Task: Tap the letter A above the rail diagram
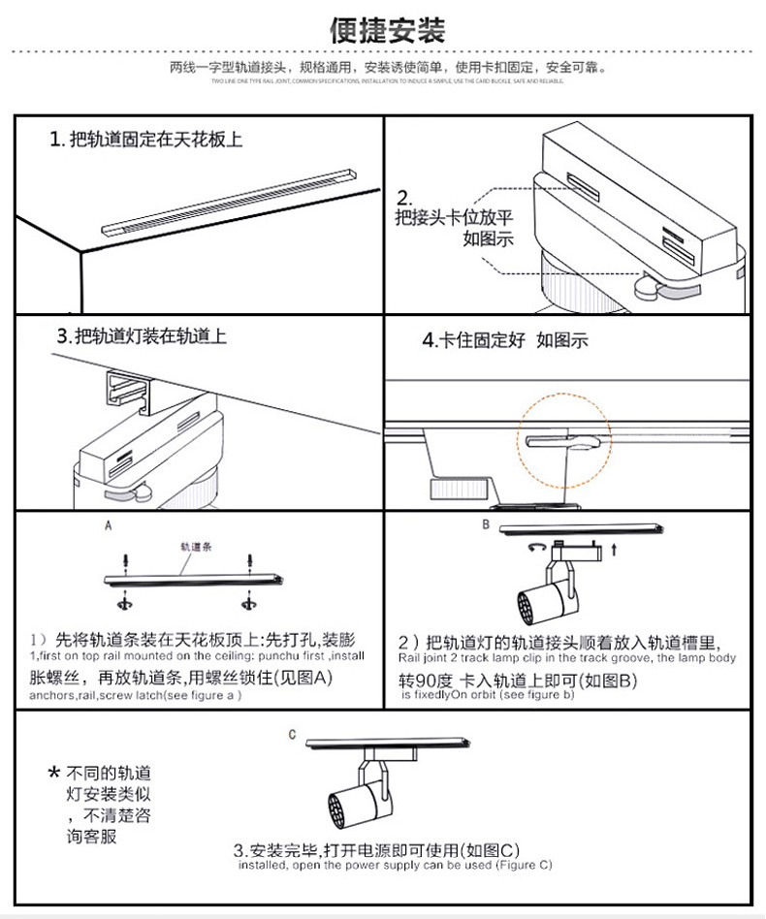[109, 524]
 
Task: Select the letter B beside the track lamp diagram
[486, 524]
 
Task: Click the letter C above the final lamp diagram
[291, 735]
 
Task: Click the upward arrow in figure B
[615, 550]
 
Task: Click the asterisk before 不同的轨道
[54, 775]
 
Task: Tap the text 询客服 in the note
[92, 836]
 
